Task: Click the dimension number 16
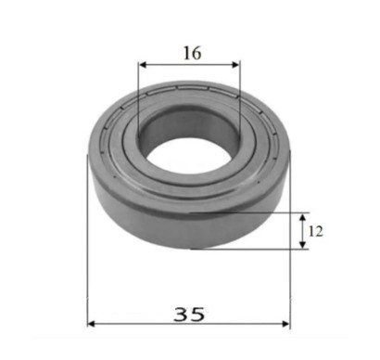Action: tap(192, 53)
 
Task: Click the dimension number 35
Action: tap(189, 315)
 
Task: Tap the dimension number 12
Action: tap(316, 231)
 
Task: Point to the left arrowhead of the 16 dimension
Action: tap(143, 65)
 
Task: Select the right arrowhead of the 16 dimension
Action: tap(235, 65)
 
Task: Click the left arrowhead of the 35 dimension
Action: tap(91, 324)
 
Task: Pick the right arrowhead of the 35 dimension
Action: tap(286, 324)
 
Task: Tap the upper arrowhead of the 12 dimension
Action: tap(303, 217)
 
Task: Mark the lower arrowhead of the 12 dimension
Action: tap(303, 245)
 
